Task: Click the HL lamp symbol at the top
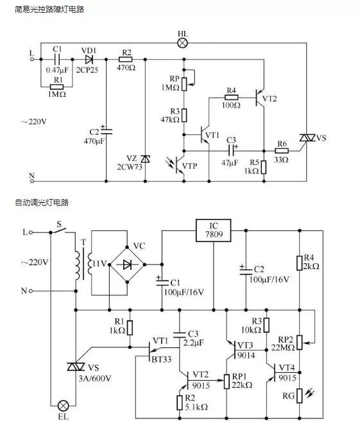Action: (183, 43)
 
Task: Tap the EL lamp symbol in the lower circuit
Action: (64, 406)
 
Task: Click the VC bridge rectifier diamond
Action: (131, 264)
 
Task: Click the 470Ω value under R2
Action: (126, 67)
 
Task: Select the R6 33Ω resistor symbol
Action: (282, 152)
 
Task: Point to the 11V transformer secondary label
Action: (100, 264)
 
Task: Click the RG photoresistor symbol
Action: (299, 395)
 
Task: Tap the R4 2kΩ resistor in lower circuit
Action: (299, 263)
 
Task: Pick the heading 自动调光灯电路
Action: (42, 203)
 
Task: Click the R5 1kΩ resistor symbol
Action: (262, 166)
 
